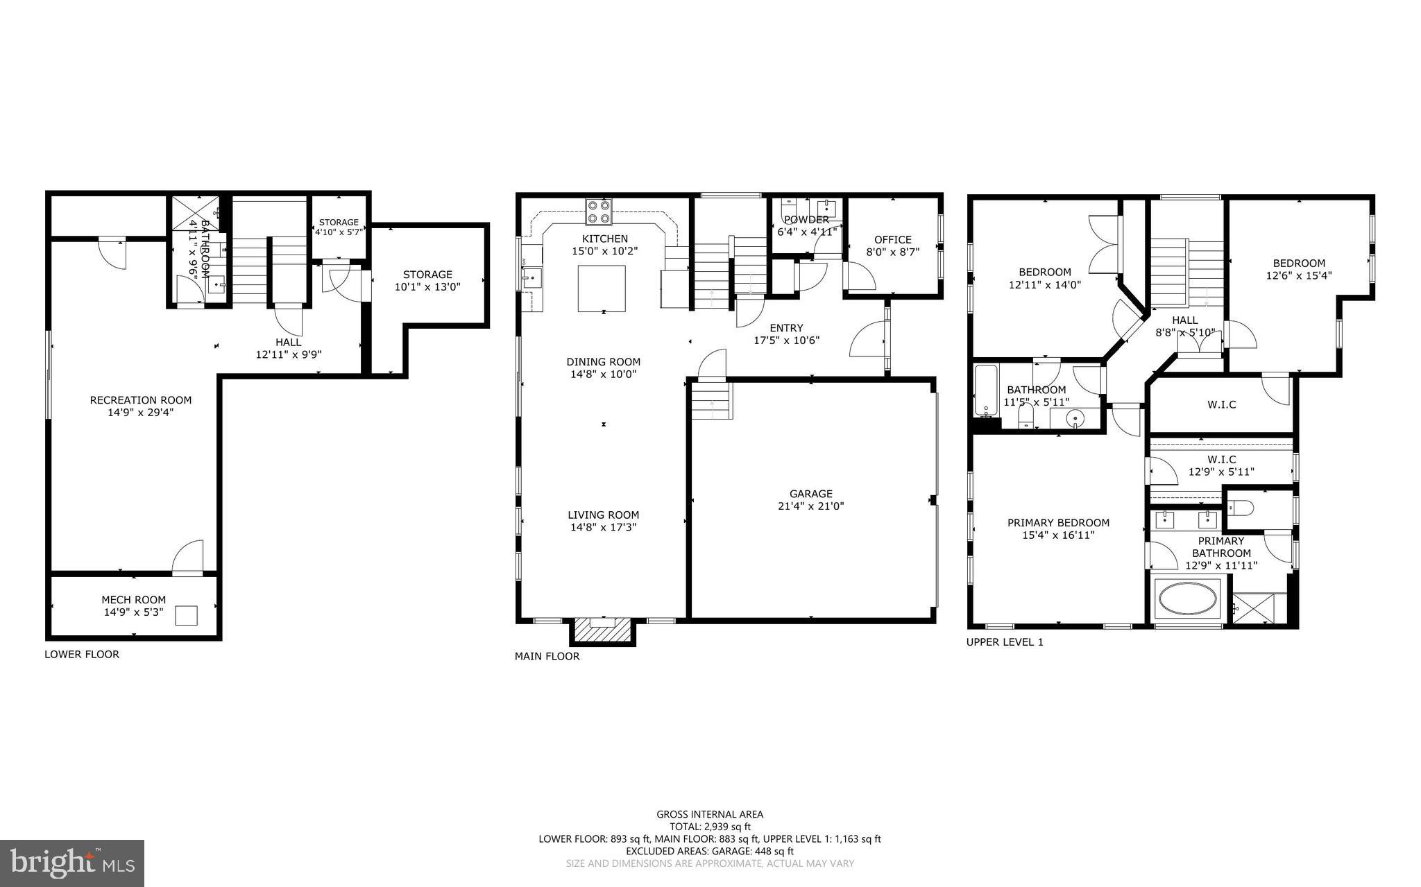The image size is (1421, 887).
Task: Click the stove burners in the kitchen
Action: coord(598,212)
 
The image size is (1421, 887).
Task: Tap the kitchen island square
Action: coord(602,289)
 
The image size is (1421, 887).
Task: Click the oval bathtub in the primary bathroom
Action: coord(1188,598)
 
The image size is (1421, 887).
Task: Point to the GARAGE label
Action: coord(810,494)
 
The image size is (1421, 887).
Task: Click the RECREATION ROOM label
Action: coord(140,399)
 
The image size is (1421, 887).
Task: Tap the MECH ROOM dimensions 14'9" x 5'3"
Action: coord(133,612)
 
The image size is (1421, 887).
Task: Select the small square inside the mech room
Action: coord(187,615)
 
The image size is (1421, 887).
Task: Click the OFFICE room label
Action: coord(892,240)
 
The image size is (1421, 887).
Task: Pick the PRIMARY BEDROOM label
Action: coord(1058,523)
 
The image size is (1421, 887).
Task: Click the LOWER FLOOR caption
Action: coord(82,654)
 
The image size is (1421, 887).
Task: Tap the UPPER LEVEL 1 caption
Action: coord(1005,642)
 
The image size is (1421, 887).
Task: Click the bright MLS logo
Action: coord(71,863)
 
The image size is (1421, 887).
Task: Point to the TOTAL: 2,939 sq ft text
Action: coord(710,827)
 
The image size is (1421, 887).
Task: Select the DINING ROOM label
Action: coord(603,361)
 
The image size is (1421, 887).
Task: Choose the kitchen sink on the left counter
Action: coord(532,280)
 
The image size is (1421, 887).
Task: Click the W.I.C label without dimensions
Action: coord(1221,404)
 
